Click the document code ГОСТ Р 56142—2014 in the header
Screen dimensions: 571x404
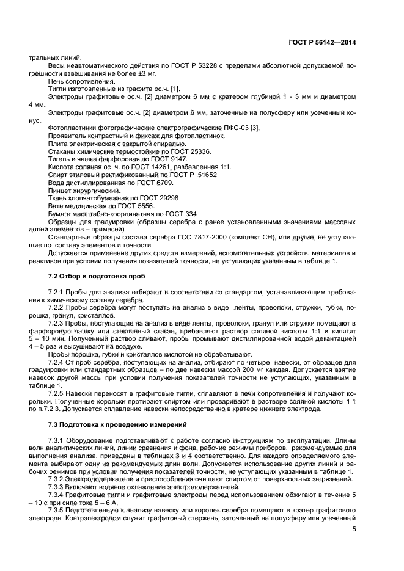click(323, 43)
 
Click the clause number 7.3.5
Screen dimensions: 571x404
click(56, 508)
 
